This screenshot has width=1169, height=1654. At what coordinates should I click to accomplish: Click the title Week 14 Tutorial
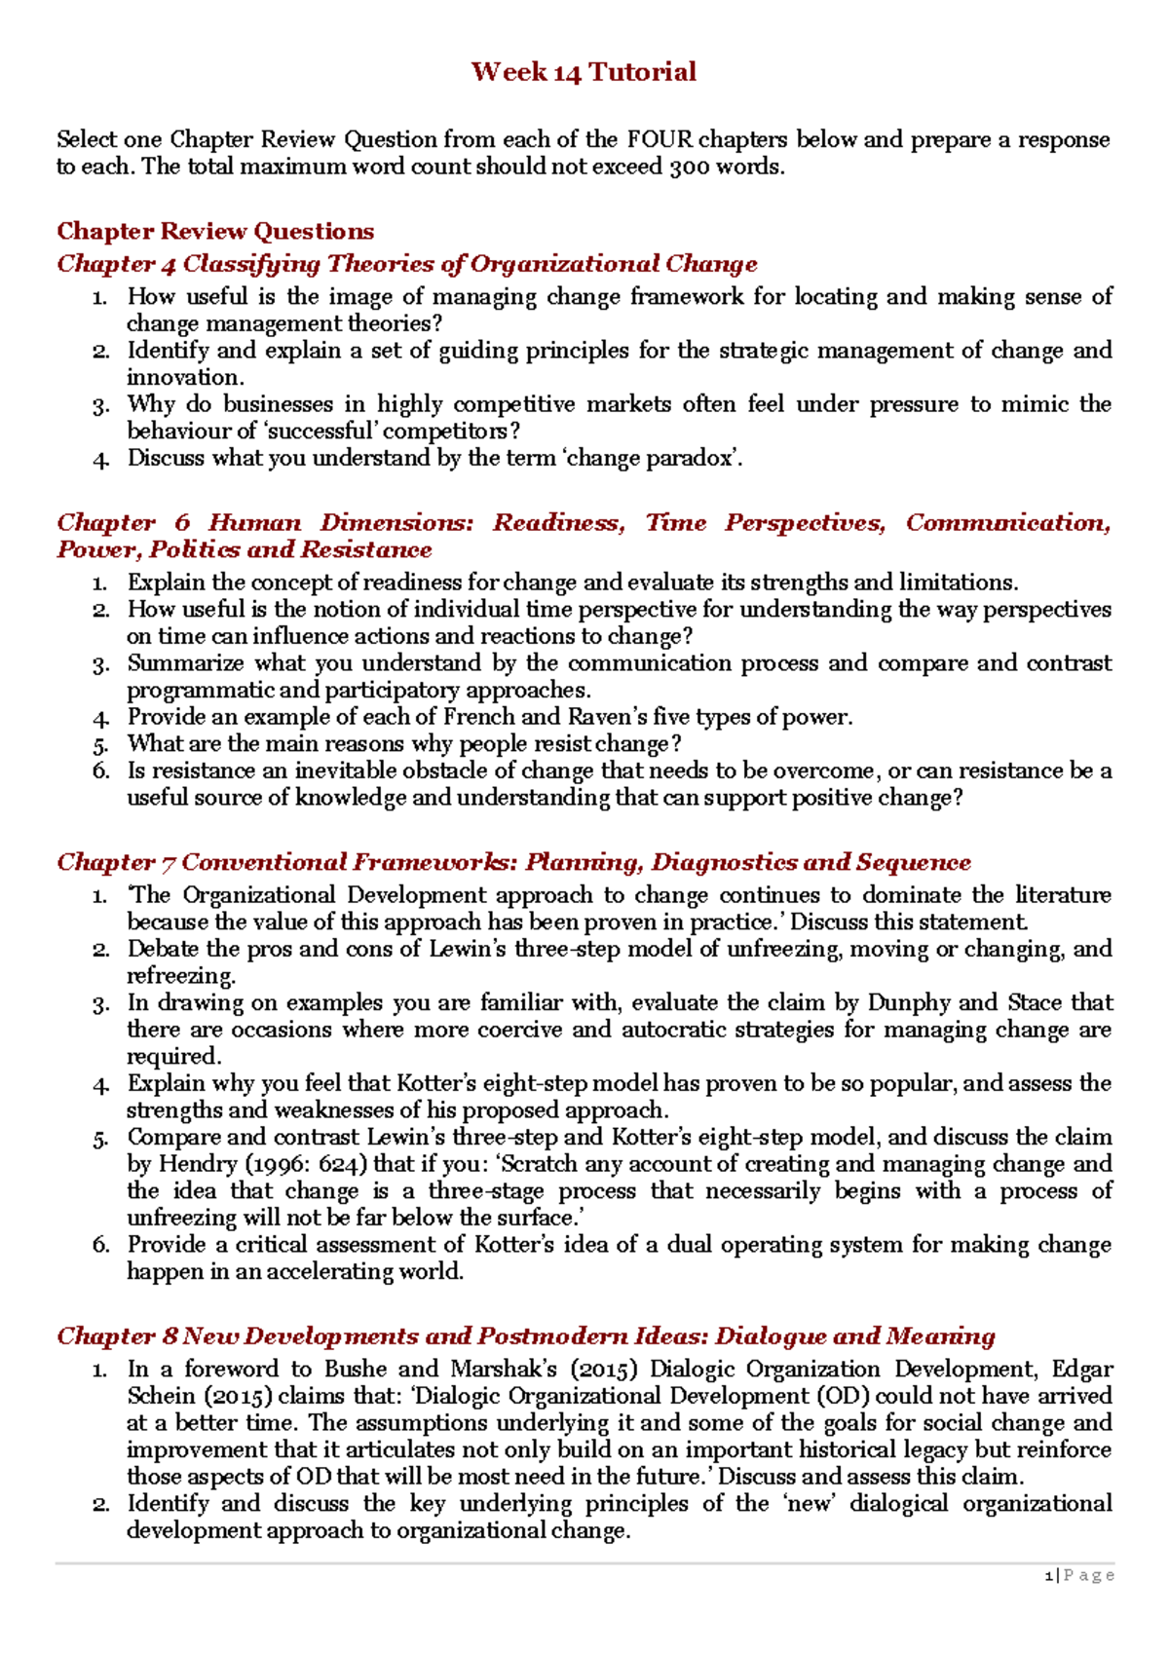pos(584,72)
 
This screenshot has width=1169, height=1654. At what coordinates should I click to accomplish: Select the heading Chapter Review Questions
pos(215,231)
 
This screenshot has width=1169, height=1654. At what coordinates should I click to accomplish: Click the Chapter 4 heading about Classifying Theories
pos(406,264)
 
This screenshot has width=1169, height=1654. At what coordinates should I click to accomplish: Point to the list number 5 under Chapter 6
pos(101,745)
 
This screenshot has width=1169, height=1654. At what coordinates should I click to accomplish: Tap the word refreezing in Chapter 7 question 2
pos(179,976)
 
